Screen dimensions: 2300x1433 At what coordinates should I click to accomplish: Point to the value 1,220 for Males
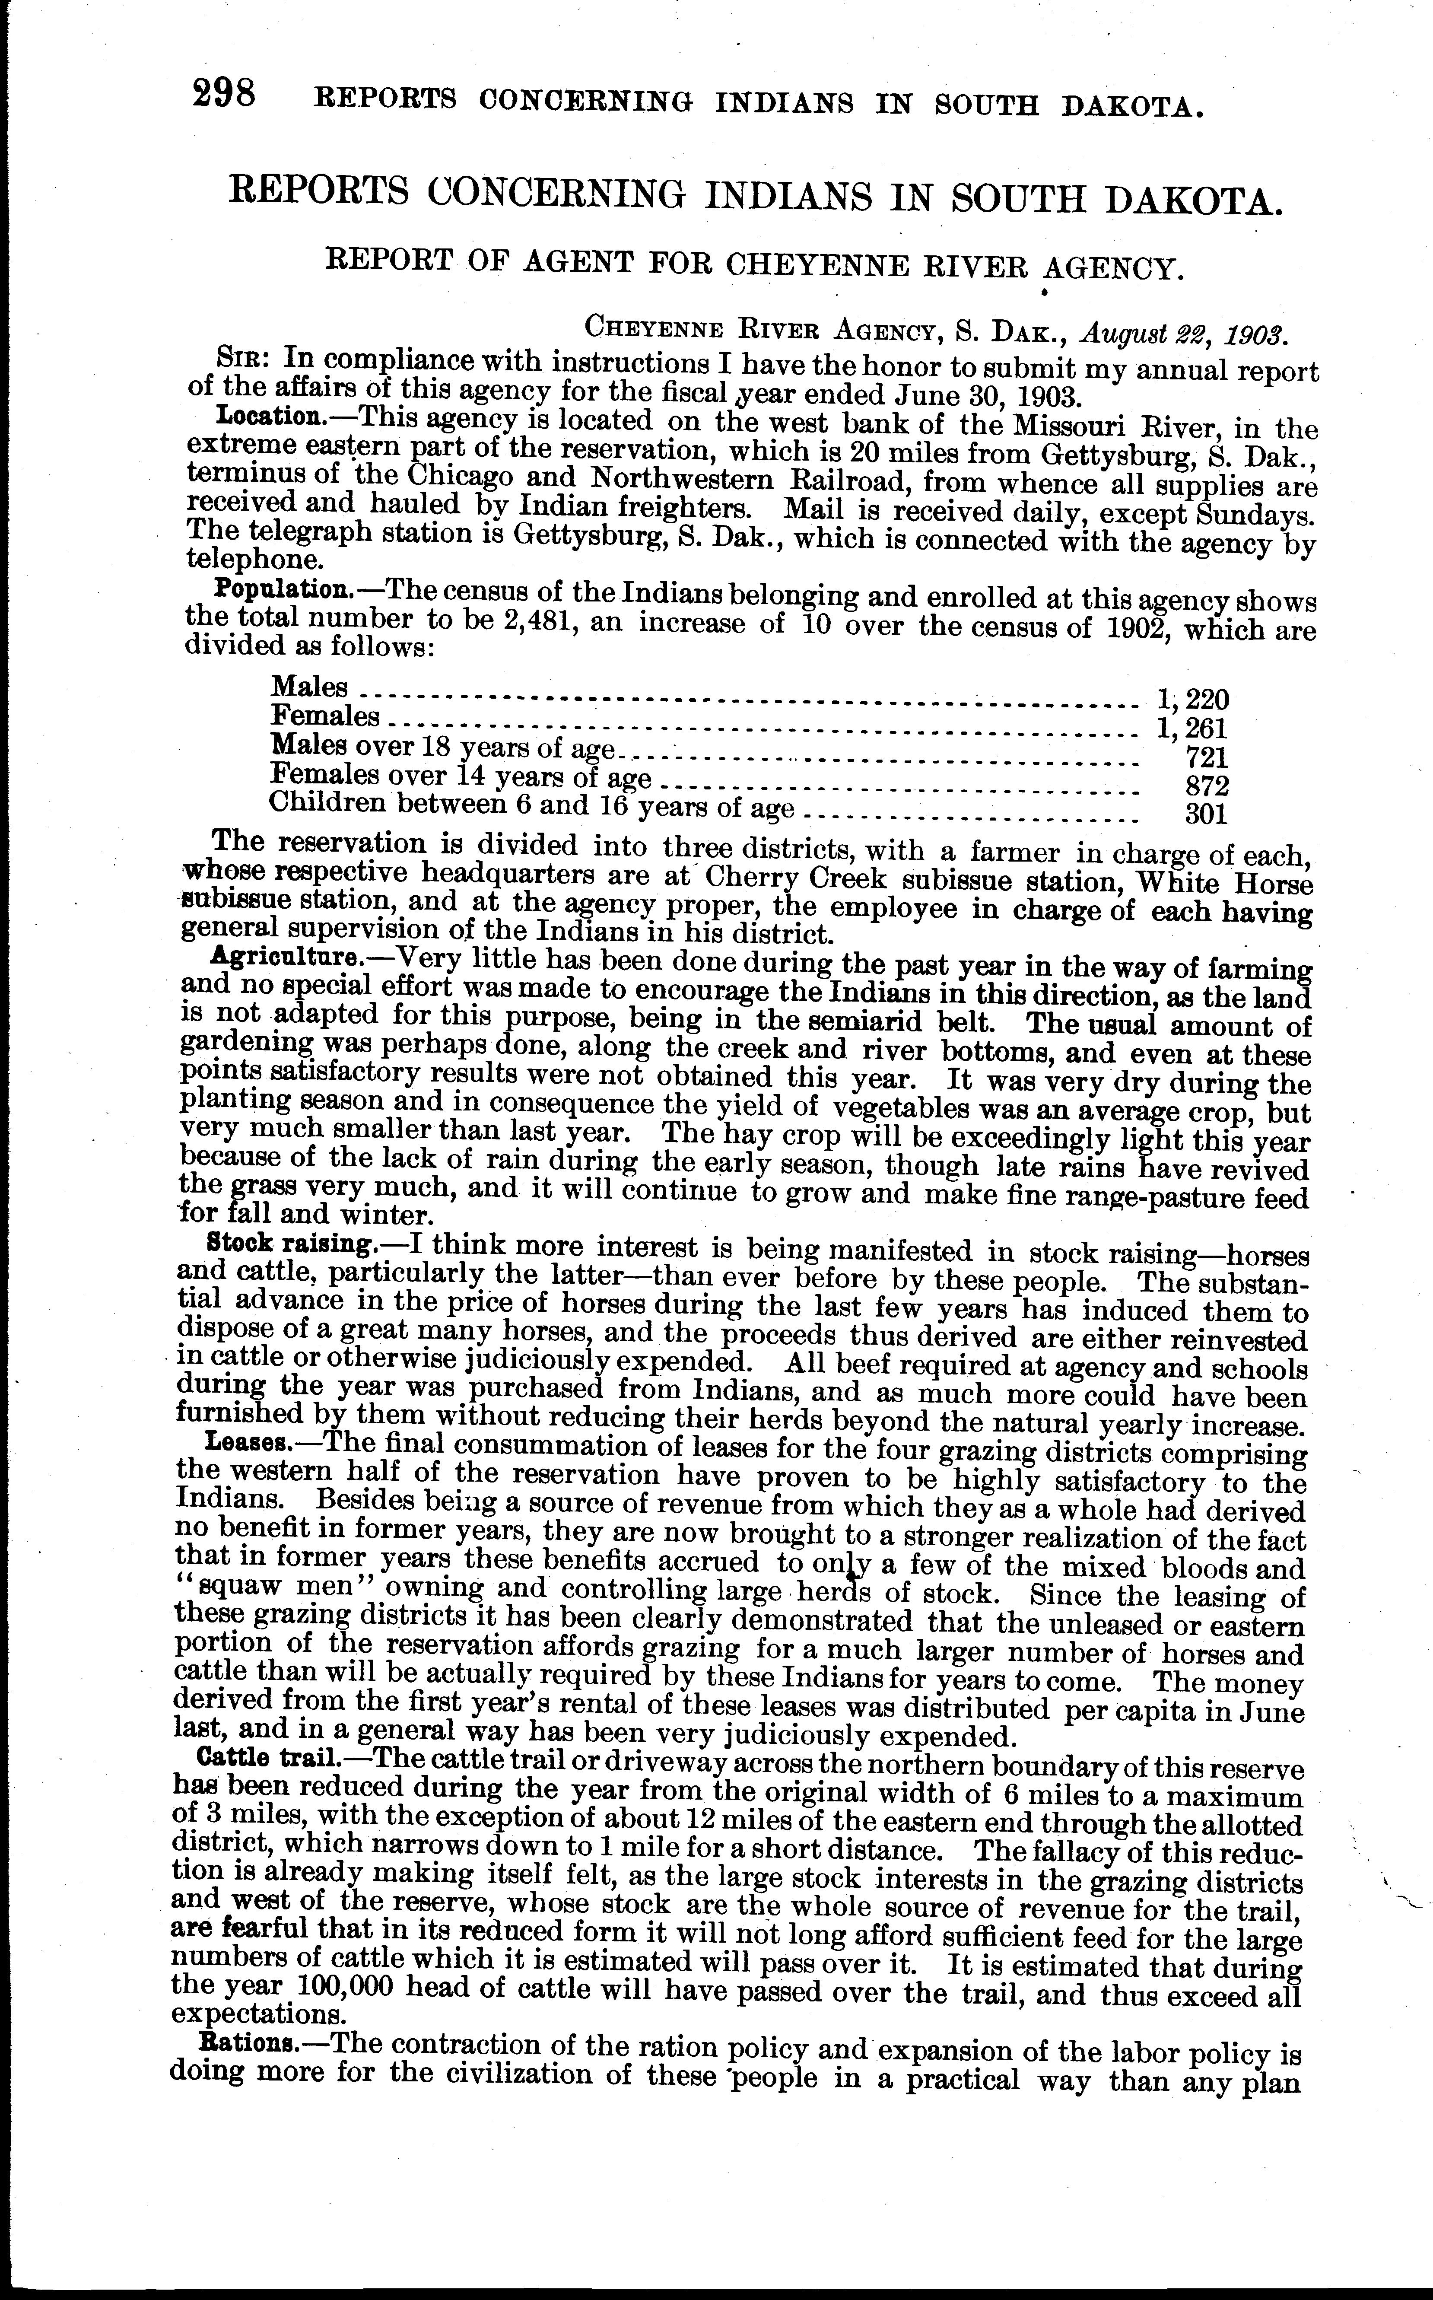click(1192, 700)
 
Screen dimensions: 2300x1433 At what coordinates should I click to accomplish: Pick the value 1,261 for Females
click(1192, 728)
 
